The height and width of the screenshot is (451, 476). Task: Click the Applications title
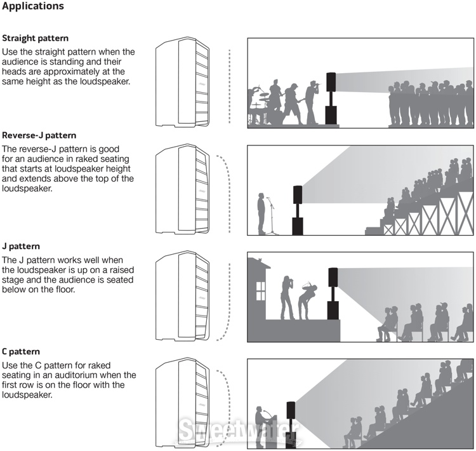tap(33, 7)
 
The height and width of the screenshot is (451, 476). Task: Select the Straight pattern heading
tap(36, 39)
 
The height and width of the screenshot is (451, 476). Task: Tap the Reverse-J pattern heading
tap(39, 135)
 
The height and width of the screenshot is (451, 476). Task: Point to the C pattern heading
tap(22, 351)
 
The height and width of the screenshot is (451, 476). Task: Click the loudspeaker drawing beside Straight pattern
tap(182, 83)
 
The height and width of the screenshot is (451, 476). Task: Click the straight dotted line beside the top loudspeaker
tap(228, 83)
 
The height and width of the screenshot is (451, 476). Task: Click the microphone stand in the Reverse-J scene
tap(271, 216)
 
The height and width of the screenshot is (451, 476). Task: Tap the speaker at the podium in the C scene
tap(260, 426)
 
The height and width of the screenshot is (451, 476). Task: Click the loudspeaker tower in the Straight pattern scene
tap(331, 98)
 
